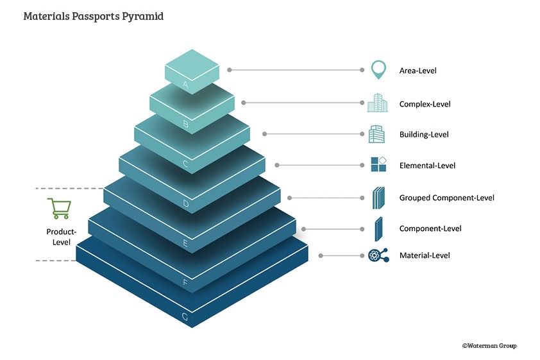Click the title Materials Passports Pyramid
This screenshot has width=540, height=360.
tap(93, 16)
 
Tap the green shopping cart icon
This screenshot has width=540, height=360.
tap(59, 209)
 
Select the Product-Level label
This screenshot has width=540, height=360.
tap(61, 237)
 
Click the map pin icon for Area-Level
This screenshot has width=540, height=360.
tap(378, 69)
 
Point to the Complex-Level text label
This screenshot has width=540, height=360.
tap(425, 104)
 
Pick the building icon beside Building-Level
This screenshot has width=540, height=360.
tap(377, 135)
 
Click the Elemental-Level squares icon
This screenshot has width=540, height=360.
tap(378, 165)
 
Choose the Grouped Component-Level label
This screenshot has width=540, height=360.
tap(446, 198)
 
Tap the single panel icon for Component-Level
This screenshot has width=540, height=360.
tap(378, 228)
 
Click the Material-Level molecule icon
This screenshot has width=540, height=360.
tap(378, 255)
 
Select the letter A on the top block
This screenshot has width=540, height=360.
tap(185, 84)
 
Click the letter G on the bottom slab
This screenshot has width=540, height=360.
tap(185, 316)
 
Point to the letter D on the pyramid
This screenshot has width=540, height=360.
tap(185, 204)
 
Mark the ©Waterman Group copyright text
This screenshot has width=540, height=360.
tap(489, 346)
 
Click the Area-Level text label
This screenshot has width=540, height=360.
tap(418, 70)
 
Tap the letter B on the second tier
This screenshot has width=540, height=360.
tap(185, 124)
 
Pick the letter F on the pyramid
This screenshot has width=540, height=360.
tap(185, 281)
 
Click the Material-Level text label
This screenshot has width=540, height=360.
tap(425, 255)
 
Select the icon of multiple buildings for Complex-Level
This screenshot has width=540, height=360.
tap(378, 103)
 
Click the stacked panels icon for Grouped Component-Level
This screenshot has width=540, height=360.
tap(378, 198)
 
